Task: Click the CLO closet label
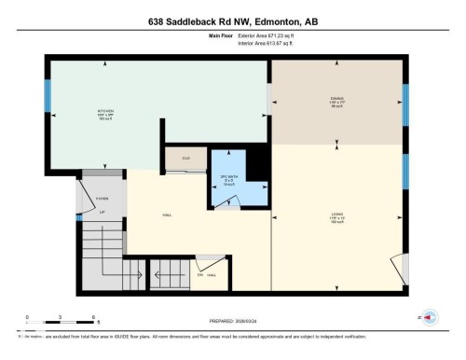185,158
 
